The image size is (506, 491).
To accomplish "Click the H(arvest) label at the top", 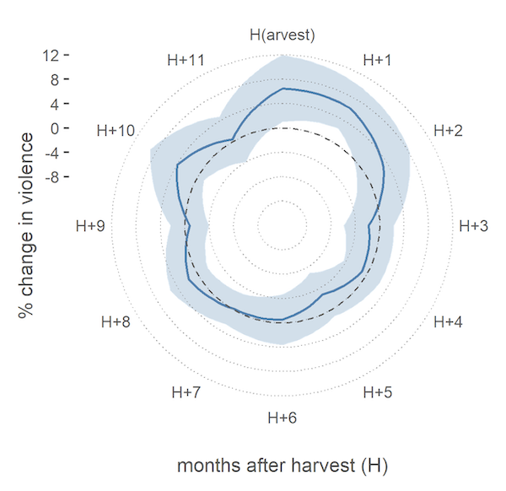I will (282, 35).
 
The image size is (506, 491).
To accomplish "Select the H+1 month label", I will (377, 60).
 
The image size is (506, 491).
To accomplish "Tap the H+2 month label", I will (448, 131).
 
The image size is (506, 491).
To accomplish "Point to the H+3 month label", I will (473, 226).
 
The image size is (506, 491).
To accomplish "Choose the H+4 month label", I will (448, 322).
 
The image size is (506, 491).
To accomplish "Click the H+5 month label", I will (378, 392).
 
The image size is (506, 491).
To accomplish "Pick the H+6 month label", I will (283, 418).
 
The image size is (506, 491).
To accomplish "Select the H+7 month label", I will (186, 392).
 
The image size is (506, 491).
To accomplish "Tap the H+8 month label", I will (116, 322).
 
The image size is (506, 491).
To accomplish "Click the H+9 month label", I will (90, 226).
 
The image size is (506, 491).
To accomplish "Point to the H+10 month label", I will (116, 131).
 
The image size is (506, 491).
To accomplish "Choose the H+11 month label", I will (186, 60).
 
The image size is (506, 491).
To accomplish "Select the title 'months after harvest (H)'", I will (282, 466).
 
